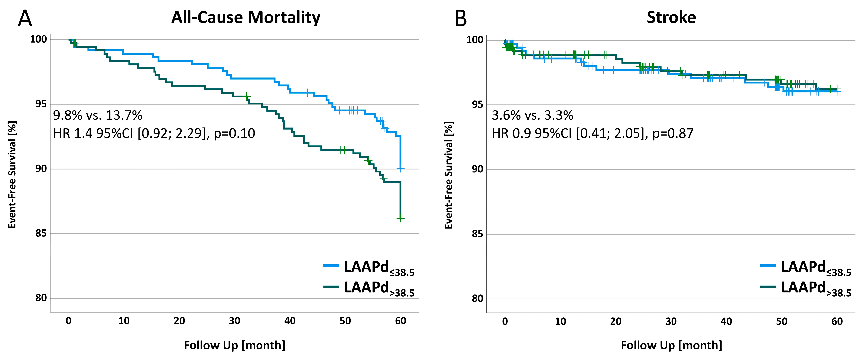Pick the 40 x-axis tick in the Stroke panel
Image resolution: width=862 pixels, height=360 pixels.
(x=726, y=321)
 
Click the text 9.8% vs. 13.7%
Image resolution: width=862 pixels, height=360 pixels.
(x=98, y=115)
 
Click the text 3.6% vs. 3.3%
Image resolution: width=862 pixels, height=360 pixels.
(x=532, y=115)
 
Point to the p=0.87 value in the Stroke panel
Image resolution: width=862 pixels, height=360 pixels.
(x=673, y=134)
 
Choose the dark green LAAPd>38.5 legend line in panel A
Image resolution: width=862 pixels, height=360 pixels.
(x=331, y=287)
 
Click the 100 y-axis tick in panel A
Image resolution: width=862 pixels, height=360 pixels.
(x=39, y=40)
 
